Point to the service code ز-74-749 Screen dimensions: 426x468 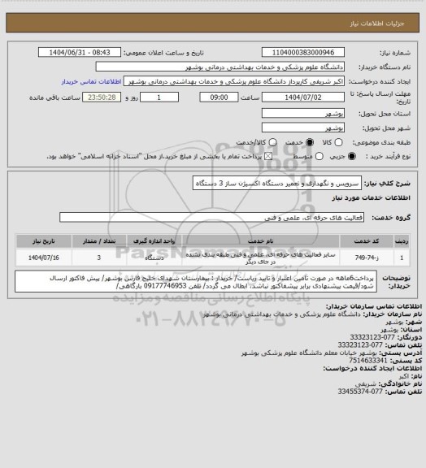382,258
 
